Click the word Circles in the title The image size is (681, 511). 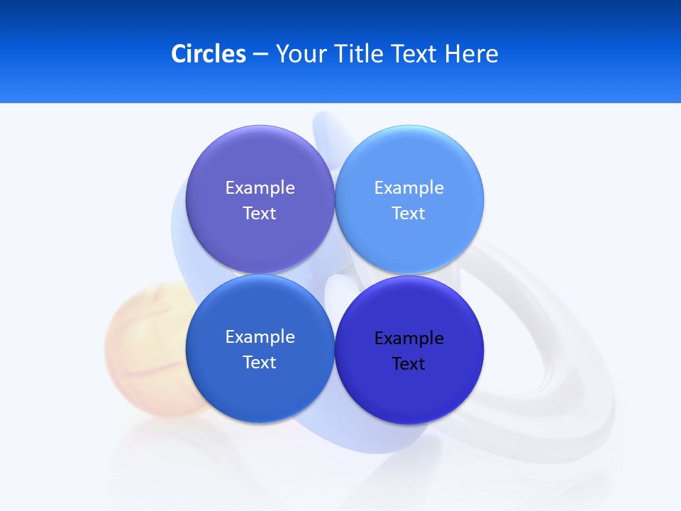tap(208, 54)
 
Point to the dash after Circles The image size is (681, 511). tap(260, 55)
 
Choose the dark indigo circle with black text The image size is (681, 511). tap(409, 390)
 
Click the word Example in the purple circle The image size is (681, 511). tap(260, 188)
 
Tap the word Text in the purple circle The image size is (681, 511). tap(260, 214)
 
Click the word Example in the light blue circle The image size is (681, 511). tap(409, 188)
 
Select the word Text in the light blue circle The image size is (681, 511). tap(409, 214)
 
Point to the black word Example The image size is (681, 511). tap(409, 339)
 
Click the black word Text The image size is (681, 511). tap(409, 364)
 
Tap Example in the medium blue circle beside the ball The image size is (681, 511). tap(260, 337)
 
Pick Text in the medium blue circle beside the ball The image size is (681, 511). tap(260, 363)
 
